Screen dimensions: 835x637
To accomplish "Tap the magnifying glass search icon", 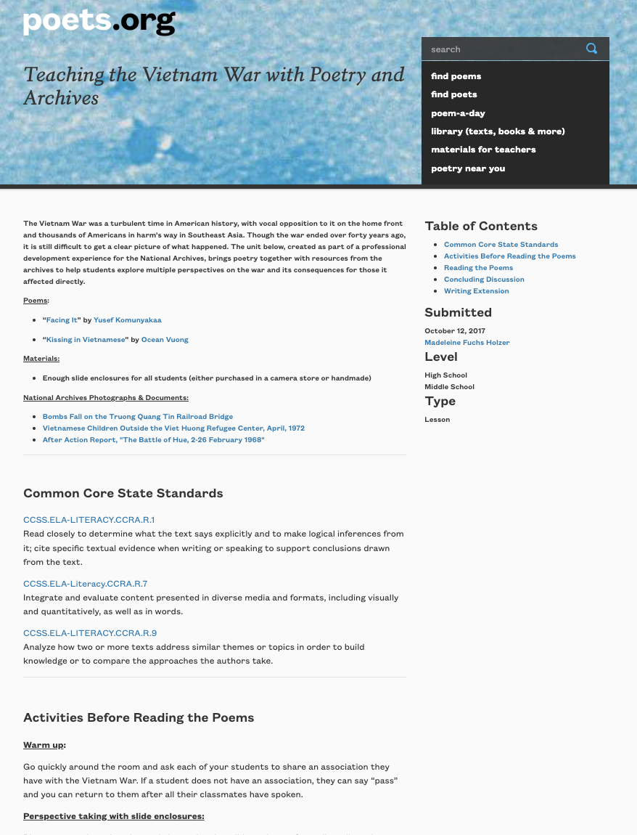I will (591, 49).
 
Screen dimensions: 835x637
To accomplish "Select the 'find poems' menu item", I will (456, 76).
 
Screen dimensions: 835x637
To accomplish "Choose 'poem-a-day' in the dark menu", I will (458, 113).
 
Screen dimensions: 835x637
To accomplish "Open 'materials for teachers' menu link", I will (483, 150).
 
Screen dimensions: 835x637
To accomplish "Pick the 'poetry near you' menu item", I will (468, 168).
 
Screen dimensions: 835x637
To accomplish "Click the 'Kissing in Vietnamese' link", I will (86, 340).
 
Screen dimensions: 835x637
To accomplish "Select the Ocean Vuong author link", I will (165, 340).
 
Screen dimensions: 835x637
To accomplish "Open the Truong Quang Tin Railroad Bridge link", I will (138, 417).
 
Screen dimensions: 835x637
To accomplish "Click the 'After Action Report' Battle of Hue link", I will (153, 440).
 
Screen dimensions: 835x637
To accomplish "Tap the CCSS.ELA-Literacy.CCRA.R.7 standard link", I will (85, 584).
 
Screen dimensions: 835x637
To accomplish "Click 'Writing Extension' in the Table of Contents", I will (476, 291).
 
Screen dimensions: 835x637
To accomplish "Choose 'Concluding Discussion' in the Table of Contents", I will (484, 280).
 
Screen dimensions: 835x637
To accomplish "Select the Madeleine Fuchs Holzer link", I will (467, 343).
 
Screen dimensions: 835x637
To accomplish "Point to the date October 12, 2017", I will (455, 331).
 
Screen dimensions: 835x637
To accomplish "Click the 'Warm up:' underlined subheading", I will (44, 745).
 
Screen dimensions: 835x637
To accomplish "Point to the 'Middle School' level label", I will (449, 387).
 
